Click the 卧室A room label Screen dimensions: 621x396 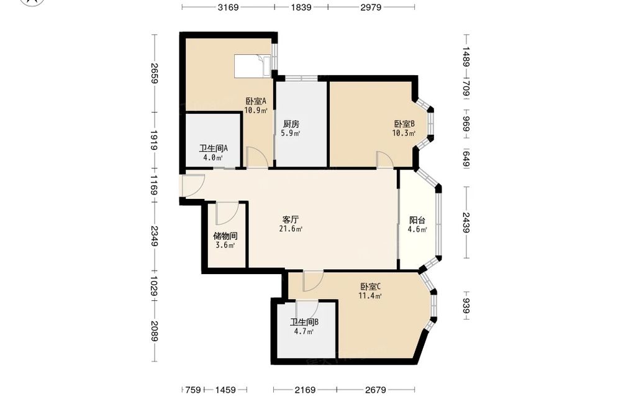[256, 101]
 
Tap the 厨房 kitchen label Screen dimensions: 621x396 [291, 124]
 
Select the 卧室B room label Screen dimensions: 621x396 [404, 124]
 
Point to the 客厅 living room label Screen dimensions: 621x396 [291, 219]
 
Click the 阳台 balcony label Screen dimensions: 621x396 [417, 220]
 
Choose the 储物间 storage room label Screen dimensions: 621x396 [225, 236]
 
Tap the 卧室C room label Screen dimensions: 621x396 [370, 286]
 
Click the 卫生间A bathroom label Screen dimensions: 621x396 [213, 148]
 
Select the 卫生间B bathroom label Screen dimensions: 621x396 [304, 322]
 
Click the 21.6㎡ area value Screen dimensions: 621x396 [291, 229]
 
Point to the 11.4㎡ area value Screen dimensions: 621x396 [370, 296]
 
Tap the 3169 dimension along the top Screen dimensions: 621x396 [228, 7]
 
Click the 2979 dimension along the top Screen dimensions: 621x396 [371, 7]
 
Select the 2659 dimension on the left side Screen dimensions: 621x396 [155, 74]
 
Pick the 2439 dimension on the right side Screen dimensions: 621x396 [466, 223]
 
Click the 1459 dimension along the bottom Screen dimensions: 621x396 [225, 390]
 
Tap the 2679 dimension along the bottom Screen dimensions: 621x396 [376, 390]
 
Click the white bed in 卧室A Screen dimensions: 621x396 [252, 66]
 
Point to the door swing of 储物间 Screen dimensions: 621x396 [227, 213]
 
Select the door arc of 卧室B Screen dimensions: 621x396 [384, 159]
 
